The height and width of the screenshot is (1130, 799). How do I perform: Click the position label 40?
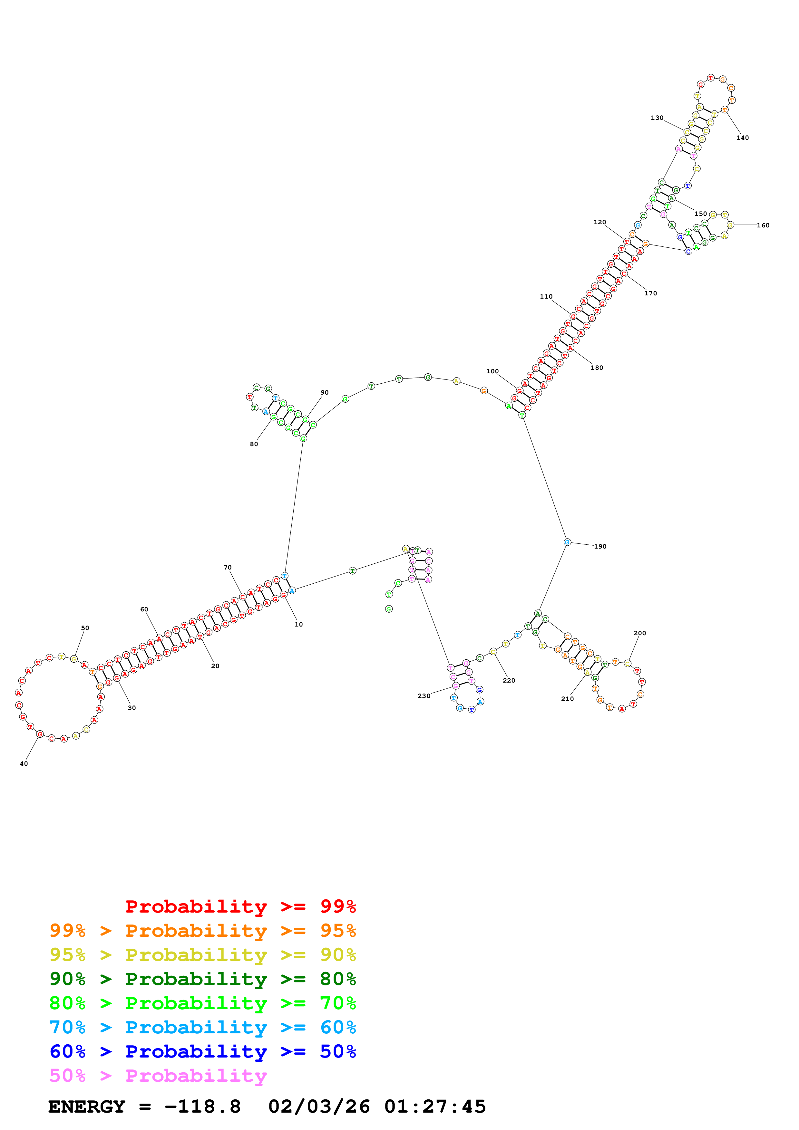click(24, 763)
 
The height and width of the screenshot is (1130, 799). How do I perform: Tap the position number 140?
click(742, 138)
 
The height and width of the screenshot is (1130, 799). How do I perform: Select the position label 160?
click(763, 225)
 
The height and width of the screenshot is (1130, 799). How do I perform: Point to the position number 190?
click(600, 546)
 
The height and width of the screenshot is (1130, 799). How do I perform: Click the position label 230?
click(424, 696)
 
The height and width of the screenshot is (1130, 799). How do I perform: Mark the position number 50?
click(85, 628)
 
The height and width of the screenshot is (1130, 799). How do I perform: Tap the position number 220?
click(509, 680)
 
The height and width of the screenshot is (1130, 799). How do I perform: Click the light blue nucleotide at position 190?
click(567, 542)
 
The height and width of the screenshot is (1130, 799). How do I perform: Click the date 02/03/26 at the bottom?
click(319, 1107)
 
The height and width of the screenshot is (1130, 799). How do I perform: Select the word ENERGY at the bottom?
click(87, 1107)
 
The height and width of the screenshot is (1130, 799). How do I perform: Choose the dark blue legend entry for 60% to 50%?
click(202, 1051)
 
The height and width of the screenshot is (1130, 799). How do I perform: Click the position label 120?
click(599, 222)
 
